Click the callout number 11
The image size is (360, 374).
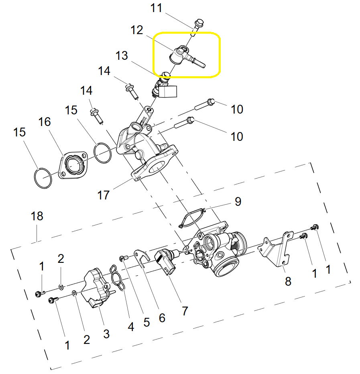click(x=156, y=8)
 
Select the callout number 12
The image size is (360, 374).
click(x=137, y=30)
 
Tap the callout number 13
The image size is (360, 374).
click(x=122, y=55)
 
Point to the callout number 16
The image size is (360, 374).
click(x=45, y=122)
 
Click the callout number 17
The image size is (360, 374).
click(x=103, y=195)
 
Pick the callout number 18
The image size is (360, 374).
click(x=37, y=216)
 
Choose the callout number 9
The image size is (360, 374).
click(x=238, y=201)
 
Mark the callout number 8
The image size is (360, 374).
click(x=288, y=281)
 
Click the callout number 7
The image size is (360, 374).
click(x=185, y=311)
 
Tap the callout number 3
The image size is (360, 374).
click(x=106, y=334)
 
